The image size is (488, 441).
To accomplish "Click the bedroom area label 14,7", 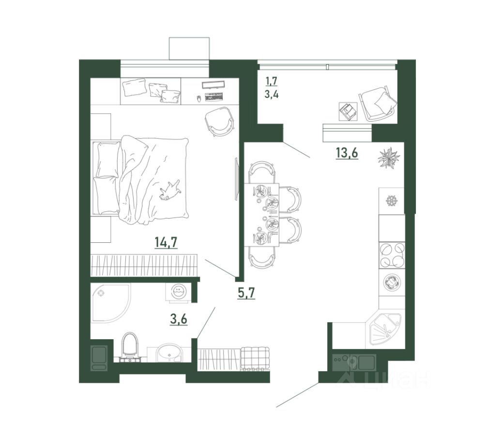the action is click(x=166, y=242).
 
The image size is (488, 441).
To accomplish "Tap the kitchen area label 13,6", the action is click(x=347, y=153).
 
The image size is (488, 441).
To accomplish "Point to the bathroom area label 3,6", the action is click(x=179, y=319).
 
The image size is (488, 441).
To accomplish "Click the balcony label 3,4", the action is click(x=271, y=94).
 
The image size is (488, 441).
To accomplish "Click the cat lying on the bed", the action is click(x=169, y=189).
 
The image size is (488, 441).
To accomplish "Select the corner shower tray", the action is click(x=111, y=303).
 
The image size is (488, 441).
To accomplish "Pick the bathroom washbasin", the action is click(x=169, y=353).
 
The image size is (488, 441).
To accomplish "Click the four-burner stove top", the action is click(x=392, y=255).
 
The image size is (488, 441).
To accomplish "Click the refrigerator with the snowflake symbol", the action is click(x=391, y=201).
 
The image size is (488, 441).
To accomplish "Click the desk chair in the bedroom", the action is click(x=219, y=121).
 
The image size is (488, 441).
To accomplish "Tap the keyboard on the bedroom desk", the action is click(x=214, y=97).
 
